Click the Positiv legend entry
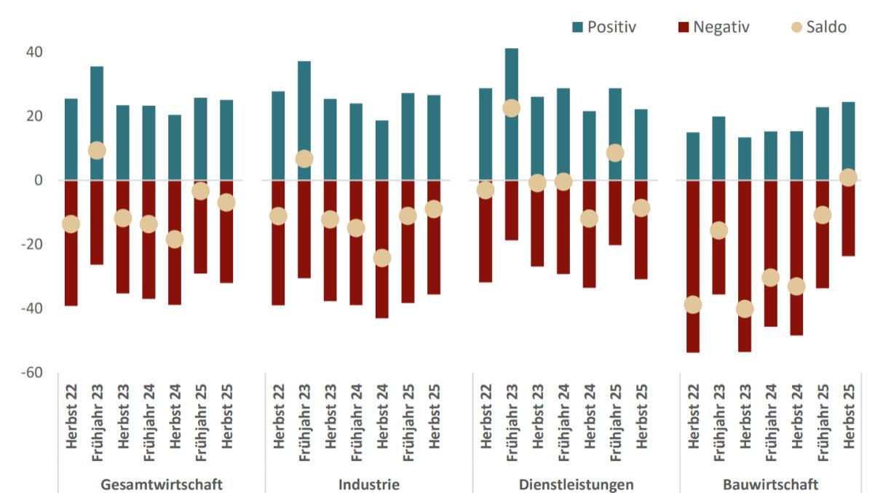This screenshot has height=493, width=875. (x=604, y=27)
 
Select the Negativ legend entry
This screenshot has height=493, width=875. (x=713, y=27)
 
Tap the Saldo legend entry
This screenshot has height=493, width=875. (x=817, y=27)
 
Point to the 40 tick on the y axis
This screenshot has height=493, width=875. (x=33, y=52)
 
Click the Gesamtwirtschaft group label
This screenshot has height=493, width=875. (x=162, y=484)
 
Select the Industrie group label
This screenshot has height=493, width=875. (x=368, y=484)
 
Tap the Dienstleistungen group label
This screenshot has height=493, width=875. (x=576, y=484)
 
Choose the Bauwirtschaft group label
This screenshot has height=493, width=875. (x=770, y=484)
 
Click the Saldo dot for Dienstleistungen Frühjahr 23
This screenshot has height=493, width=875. (x=512, y=108)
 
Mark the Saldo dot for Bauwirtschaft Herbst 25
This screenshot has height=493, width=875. (x=848, y=178)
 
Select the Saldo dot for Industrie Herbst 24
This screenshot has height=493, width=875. (x=382, y=258)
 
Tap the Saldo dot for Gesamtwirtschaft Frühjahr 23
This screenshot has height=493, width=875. (x=97, y=150)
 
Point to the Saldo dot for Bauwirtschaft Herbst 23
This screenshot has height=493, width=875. (x=745, y=309)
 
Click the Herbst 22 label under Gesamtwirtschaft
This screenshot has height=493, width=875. (x=71, y=418)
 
